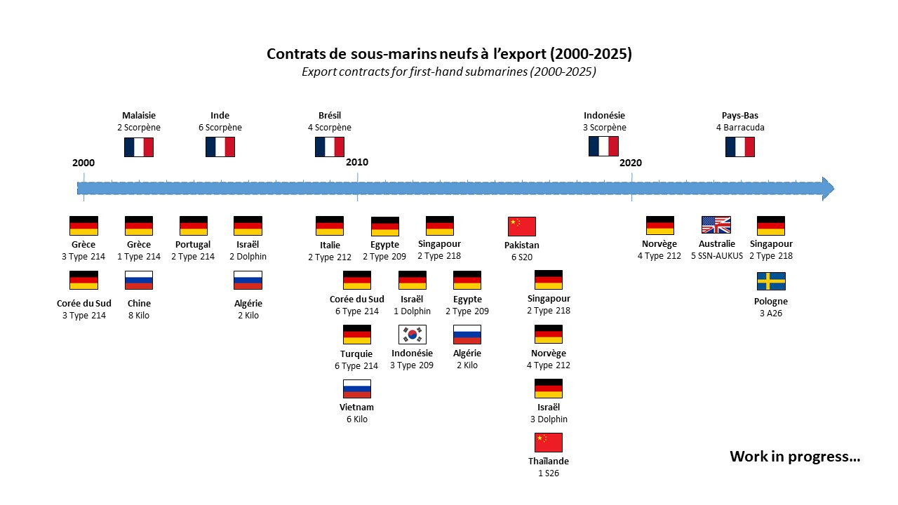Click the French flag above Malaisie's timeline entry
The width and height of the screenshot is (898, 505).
(x=138, y=147)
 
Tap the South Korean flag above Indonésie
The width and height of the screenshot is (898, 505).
(x=412, y=335)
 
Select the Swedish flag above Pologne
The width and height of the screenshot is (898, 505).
(x=771, y=281)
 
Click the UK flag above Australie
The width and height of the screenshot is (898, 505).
(x=716, y=225)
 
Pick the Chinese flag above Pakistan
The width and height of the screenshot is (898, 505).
(x=522, y=226)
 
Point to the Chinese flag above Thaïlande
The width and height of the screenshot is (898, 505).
(x=549, y=442)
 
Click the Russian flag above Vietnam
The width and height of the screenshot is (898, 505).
(x=356, y=389)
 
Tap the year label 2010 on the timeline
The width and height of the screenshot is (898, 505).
(x=357, y=162)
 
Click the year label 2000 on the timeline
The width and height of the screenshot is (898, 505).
(x=83, y=163)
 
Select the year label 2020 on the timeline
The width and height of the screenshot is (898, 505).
(x=631, y=163)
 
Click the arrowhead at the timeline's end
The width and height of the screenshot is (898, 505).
(x=828, y=188)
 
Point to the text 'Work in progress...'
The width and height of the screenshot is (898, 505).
(x=795, y=457)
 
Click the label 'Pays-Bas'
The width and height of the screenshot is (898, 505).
(x=739, y=116)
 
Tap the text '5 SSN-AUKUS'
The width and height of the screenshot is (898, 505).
(x=716, y=256)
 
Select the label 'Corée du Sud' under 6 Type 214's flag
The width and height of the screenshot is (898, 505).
(x=356, y=299)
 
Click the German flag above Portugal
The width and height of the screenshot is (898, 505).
(x=194, y=225)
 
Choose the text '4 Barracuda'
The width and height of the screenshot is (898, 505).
(x=739, y=128)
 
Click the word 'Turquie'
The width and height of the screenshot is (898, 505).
(x=356, y=353)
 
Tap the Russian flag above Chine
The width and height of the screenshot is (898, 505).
(x=139, y=281)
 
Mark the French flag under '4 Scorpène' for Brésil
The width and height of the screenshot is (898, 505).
(x=329, y=147)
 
